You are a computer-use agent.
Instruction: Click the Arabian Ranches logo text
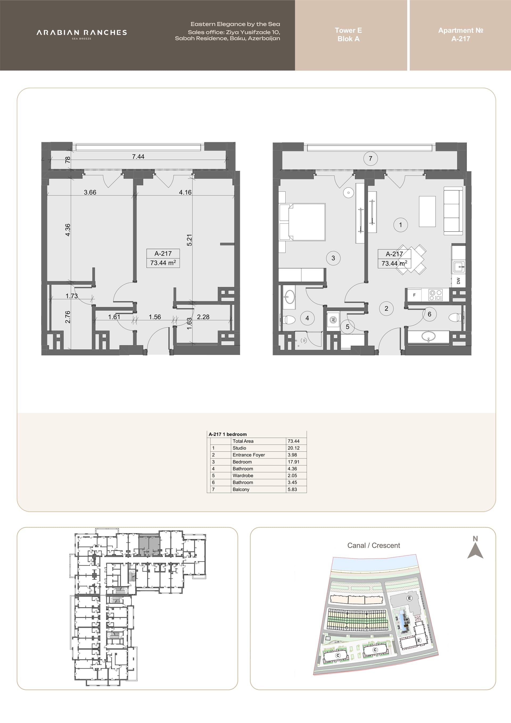point(82,32)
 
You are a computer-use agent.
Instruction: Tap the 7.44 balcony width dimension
point(138,157)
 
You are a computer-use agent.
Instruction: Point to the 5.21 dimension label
point(189,240)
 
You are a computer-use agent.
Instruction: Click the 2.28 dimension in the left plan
point(203,317)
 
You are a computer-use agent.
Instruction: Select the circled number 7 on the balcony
point(370,158)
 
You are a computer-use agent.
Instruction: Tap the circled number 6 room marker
point(430,314)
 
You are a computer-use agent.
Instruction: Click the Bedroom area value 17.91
point(293,462)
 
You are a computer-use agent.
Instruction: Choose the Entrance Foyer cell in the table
point(249,455)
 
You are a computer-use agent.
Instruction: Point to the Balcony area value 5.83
point(292,489)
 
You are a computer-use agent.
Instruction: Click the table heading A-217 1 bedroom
point(228,434)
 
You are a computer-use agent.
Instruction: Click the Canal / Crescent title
point(373,545)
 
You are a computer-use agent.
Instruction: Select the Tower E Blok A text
point(348,35)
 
